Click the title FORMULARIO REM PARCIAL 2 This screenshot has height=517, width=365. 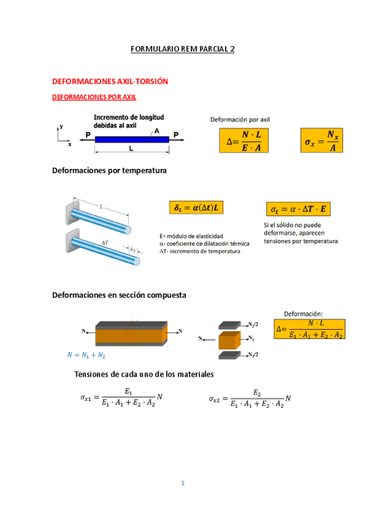[x=183, y=49]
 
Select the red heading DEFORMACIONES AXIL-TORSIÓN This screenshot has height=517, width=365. [x=110, y=82]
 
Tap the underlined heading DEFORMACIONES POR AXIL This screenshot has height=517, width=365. [x=94, y=97]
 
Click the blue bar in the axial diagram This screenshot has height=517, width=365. [x=132, y=140]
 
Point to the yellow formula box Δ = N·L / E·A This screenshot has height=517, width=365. [x=244, y=140]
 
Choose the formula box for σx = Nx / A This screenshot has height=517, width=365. [x=322, y=140]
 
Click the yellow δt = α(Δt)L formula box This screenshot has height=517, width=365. [x=196, y=207]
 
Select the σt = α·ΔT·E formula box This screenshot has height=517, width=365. [x=298, y=209]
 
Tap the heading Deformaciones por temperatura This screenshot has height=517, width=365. [x=109, y=171]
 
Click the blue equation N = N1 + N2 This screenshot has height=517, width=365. [x=87, y=355]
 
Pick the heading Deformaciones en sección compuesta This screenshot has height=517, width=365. [x=119, y=295]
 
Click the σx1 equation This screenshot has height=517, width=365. [x=121, y=398]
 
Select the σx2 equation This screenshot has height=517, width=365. [x=250, y=399]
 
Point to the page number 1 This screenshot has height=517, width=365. [x=183, y=483]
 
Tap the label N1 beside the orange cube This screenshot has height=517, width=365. [x=251, y=338]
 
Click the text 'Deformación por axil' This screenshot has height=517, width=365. [x=240, y=119]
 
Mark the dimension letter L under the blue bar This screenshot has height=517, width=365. [x=131, y=149]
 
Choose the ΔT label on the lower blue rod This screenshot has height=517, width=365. [x=105, y=243]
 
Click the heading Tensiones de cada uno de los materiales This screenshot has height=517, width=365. [x=144, y=374]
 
